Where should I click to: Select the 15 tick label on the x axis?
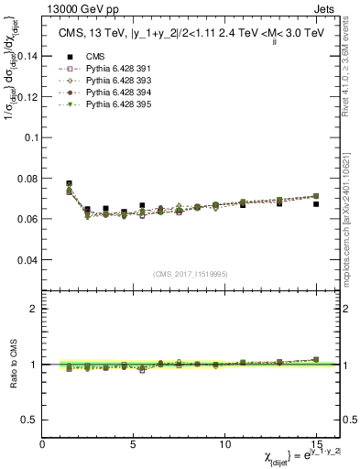(316, 443)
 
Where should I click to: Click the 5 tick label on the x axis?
(134, 443)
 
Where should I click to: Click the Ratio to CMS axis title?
(14, 364)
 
